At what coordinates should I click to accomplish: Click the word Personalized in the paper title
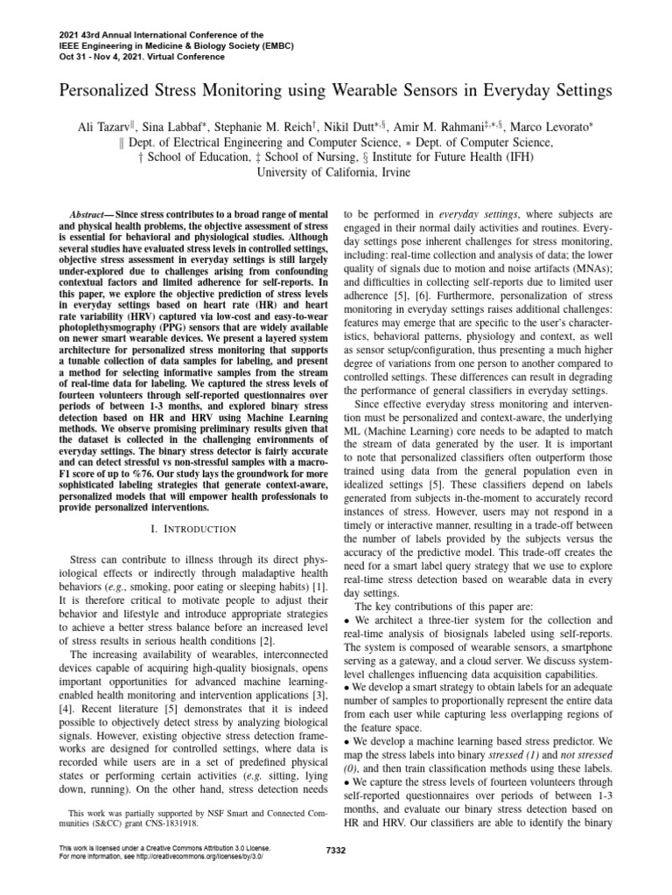click(101, 90)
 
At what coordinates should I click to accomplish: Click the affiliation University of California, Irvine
click(336, 172)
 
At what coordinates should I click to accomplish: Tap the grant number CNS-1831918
click(189, 822)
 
